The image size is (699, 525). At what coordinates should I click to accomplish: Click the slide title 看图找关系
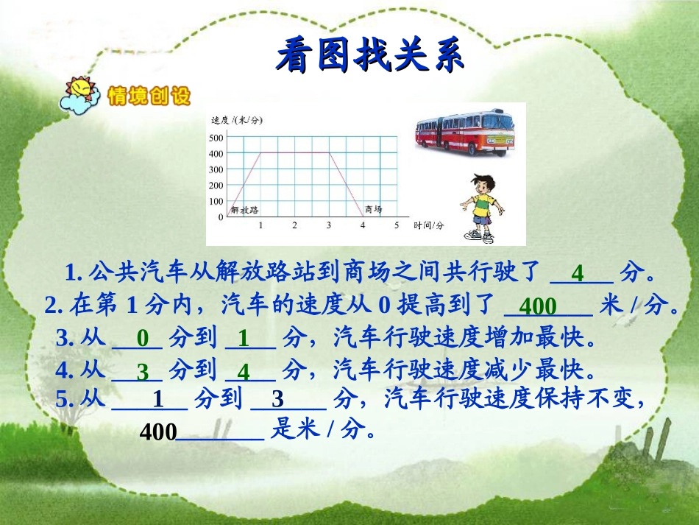371,57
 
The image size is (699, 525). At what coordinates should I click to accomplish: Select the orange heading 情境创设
149,96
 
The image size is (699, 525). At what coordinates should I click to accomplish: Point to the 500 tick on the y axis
216,138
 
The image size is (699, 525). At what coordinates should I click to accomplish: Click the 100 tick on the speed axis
216,202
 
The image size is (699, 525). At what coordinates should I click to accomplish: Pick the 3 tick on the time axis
328,225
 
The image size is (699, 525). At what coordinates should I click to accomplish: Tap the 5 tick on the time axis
396,225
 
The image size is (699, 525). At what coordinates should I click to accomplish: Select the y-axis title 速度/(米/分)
236,120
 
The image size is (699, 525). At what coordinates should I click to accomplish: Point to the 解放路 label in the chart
245,210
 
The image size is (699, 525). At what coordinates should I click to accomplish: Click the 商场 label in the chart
373,210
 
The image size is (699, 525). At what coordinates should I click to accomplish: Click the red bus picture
464,133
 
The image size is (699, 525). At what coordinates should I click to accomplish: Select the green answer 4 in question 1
578,274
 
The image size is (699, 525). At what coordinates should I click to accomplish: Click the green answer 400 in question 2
539,306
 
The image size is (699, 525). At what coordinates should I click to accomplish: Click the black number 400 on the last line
157,432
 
